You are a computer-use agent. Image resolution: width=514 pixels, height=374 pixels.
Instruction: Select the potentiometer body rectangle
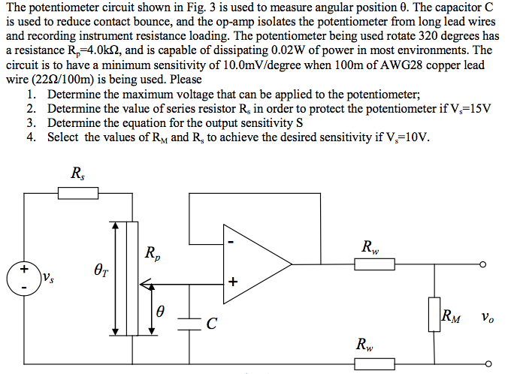click(x=132, y=278)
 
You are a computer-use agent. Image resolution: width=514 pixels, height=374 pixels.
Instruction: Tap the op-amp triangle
click(x=255, y=262)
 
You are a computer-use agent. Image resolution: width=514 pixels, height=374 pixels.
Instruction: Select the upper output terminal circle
click(x=482, y=264)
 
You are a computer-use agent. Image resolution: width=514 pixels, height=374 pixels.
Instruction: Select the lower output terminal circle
click(x=482, y=364)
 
